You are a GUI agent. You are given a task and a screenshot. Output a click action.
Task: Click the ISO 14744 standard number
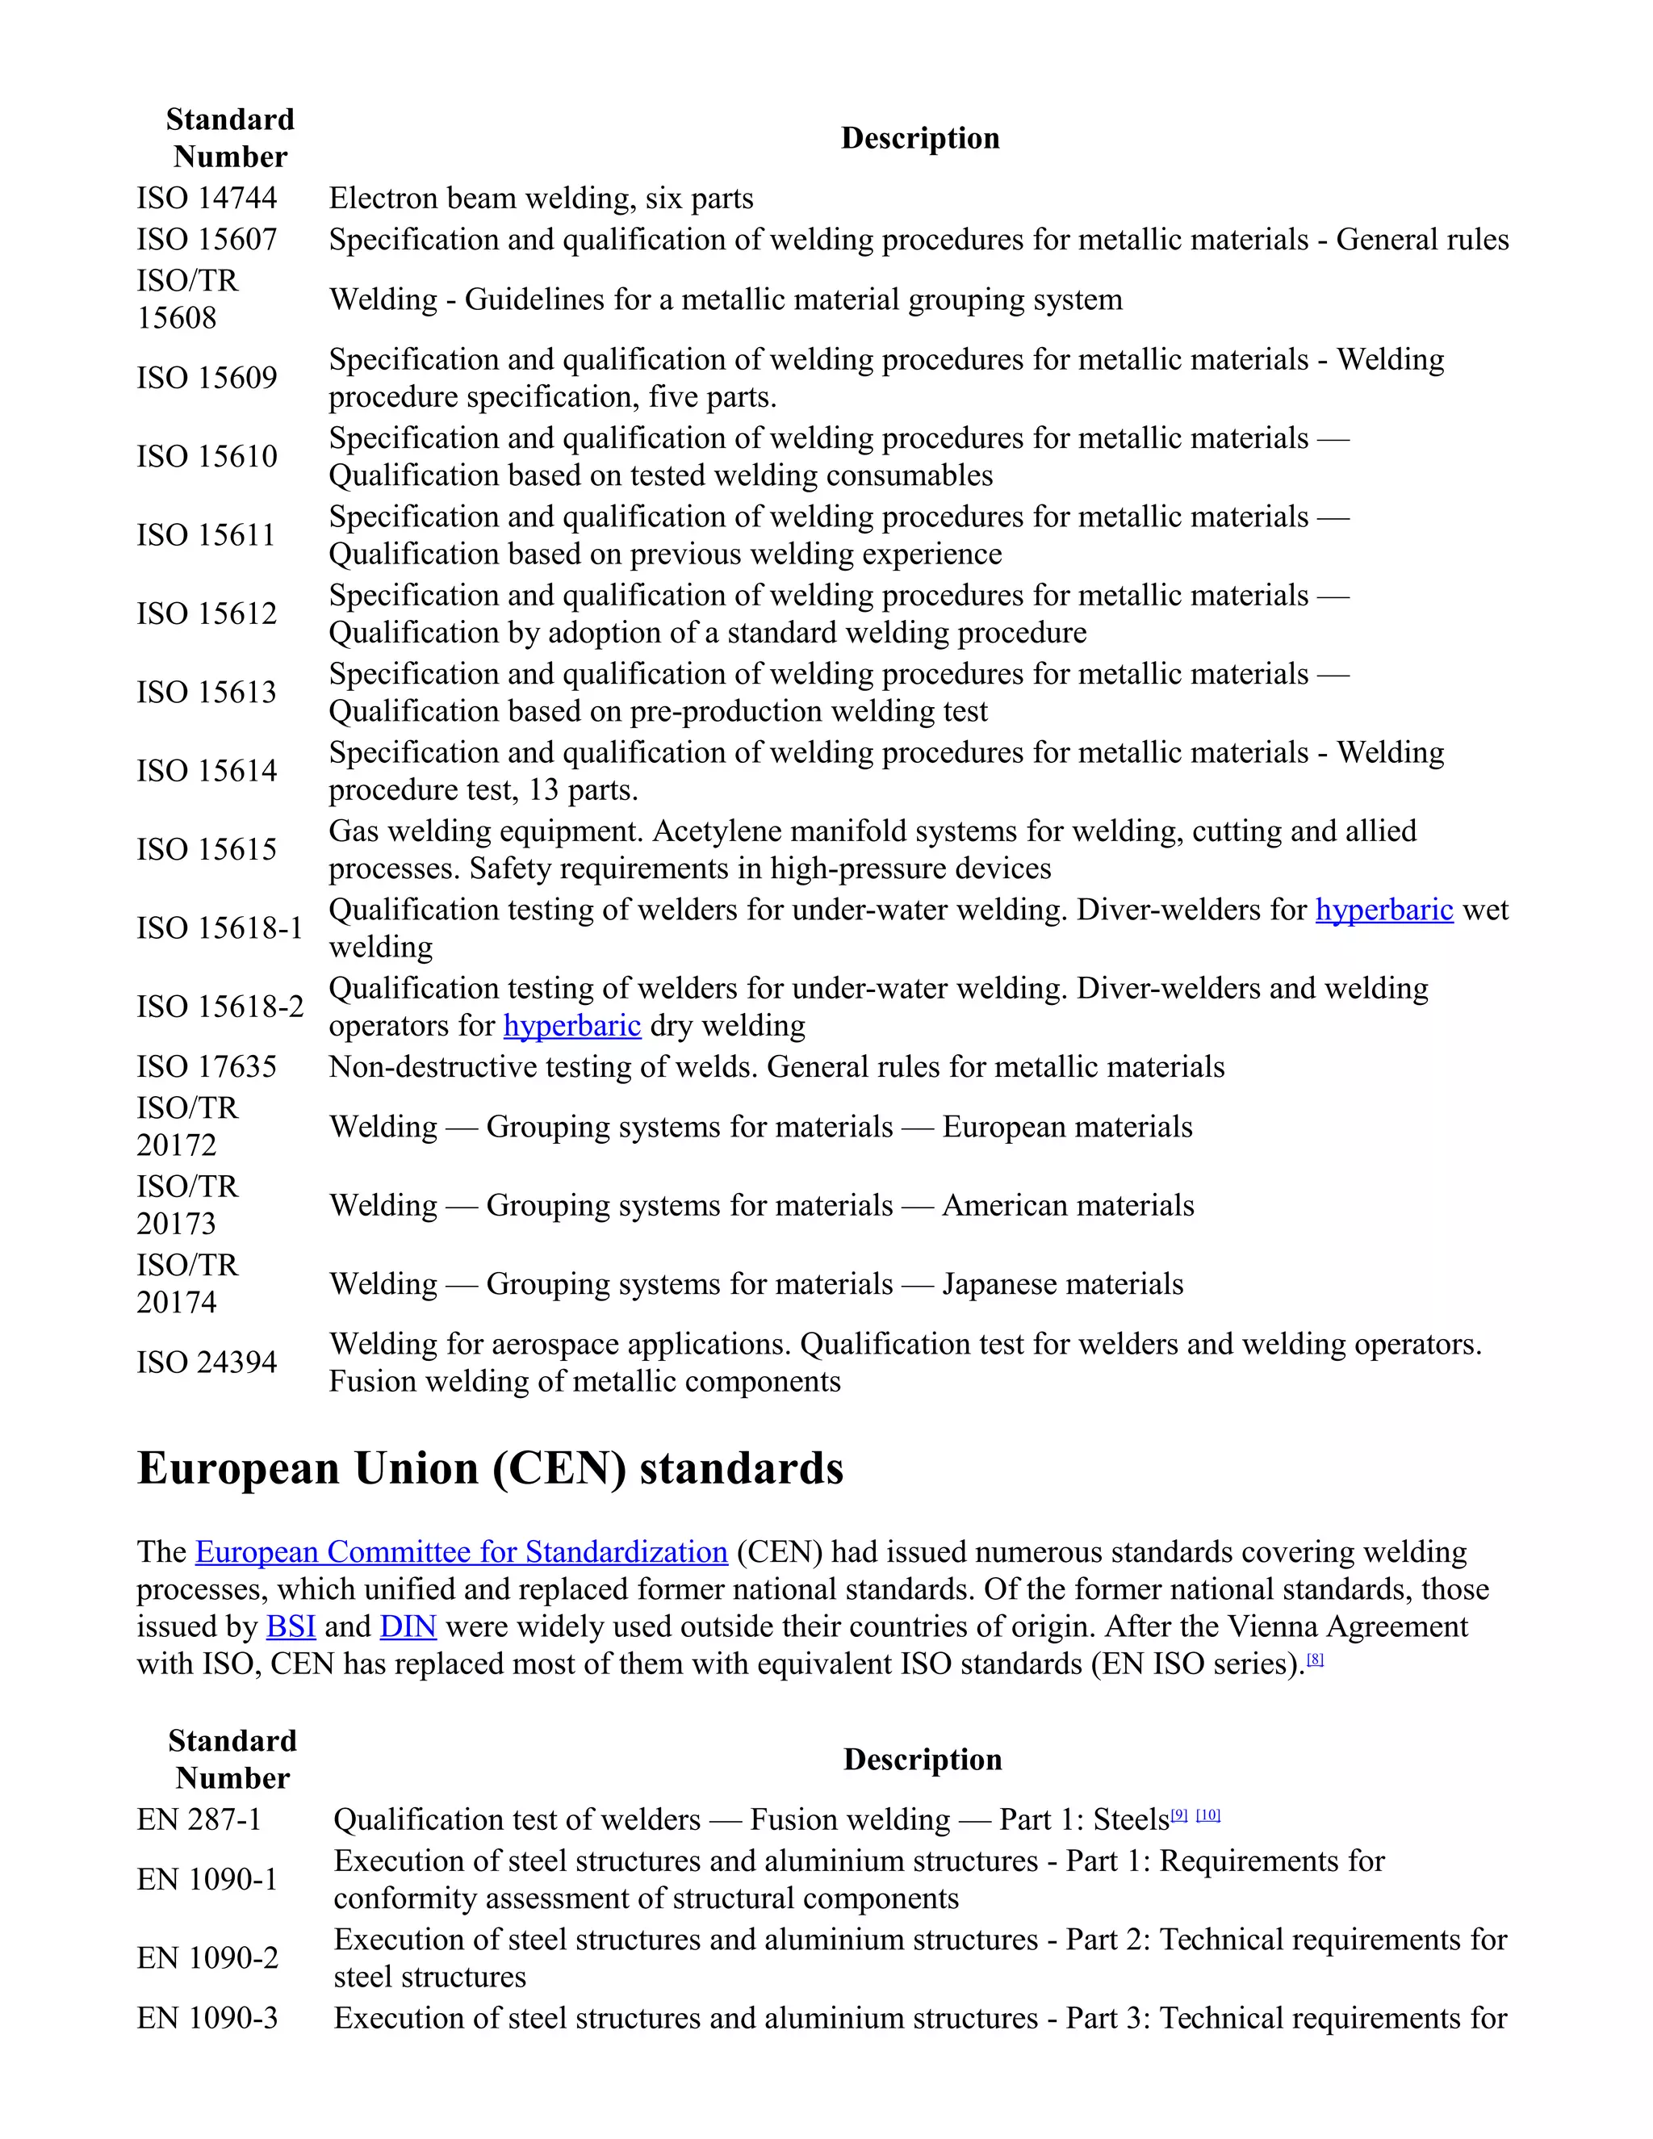(x=207, y=199)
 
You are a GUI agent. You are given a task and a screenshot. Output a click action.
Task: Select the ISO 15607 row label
(x=207, y=240)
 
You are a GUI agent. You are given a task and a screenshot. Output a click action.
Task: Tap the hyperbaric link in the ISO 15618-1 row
(x=1383, y=910)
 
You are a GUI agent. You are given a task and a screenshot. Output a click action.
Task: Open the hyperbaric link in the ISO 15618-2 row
(x=572, y=1025)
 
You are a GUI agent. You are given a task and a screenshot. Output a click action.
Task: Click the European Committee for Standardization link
(x=461, y=1552)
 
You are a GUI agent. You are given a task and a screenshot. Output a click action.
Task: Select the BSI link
(x=291, y=1626)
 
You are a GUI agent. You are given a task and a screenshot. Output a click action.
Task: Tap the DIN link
(x=408, y=1626)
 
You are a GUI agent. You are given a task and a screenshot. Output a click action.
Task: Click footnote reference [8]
(x=1315, y=1659)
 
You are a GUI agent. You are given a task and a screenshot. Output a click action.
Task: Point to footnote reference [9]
(x=1179, y=1815)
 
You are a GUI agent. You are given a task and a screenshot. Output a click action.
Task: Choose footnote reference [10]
(x=1208, y=1815)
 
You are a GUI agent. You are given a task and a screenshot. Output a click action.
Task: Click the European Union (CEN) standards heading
(x=490, y=1469)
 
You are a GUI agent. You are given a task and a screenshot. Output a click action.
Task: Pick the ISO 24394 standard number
(x=207, y=1363)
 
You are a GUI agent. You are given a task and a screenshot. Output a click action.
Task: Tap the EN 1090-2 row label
(x=207, y=1958)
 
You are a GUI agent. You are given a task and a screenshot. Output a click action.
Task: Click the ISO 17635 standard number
(x=207, y=1066)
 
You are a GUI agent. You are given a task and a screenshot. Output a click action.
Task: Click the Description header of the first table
(x=919, y=138)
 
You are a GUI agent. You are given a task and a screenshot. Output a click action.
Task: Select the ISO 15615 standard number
(x=207, y=849)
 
